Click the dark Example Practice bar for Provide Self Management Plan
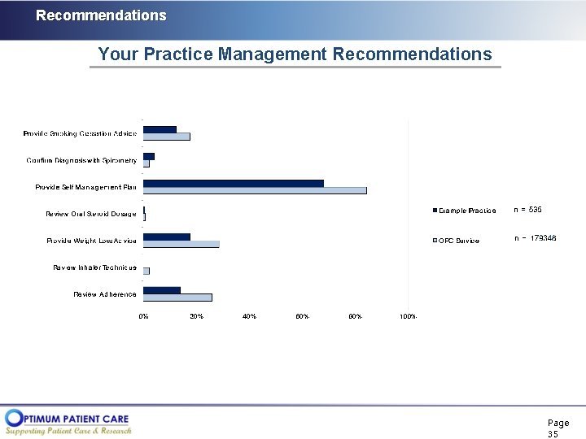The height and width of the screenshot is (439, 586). [x=233, y=183]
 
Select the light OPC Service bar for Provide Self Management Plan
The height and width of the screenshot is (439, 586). [x=255, y=191]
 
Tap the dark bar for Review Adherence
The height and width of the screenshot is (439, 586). [x=161, y=290]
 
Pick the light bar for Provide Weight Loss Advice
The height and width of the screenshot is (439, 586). [x=181, y=244]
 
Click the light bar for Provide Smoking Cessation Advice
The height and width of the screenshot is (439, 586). [x=166, y=137]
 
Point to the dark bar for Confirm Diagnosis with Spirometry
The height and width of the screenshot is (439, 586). [x=148, y=156]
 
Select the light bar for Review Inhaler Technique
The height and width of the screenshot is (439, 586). [x=146, y=271]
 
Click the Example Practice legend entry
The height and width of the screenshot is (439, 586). [x=465, y=211]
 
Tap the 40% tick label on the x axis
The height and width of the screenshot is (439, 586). [x=249, y=316]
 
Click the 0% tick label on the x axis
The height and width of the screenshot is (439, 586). [x=143, y=316]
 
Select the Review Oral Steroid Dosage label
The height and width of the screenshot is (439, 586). [x=91, y=214]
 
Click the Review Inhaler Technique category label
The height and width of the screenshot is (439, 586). [x=95, y=267]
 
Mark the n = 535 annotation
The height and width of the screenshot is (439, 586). [x=527, y=210]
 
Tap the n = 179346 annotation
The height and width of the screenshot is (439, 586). [x=536, y=238]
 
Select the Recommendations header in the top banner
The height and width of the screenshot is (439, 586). [x=101, y=15]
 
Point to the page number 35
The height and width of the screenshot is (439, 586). [x=553, y=434]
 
